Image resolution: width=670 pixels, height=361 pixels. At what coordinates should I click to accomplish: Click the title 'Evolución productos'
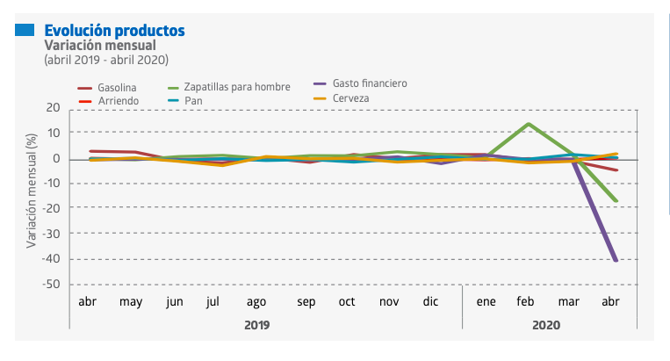point(114,30)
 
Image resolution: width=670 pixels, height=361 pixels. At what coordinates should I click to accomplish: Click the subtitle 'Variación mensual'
point(100,45)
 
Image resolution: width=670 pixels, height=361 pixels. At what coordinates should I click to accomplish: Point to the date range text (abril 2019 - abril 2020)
point(105,60)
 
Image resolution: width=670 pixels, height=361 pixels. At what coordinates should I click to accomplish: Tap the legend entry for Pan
point(193,102)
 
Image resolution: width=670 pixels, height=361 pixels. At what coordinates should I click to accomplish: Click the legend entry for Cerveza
point(350,97)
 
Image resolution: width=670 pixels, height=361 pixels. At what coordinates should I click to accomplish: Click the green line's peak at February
point(527,124)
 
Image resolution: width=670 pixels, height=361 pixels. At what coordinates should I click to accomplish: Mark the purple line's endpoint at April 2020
point(616,260)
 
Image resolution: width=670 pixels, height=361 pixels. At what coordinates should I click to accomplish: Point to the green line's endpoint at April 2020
point(616,201)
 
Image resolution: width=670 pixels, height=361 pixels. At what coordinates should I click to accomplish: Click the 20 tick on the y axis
point(54,108)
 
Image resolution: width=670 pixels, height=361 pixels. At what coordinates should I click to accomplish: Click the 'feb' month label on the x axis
point(525,301)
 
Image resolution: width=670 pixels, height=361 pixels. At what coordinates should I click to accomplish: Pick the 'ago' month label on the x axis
point(256,301)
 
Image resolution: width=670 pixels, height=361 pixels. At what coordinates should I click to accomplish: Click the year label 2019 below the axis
point(256,324)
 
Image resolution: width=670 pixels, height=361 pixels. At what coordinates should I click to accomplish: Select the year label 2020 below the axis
point(545,324)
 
